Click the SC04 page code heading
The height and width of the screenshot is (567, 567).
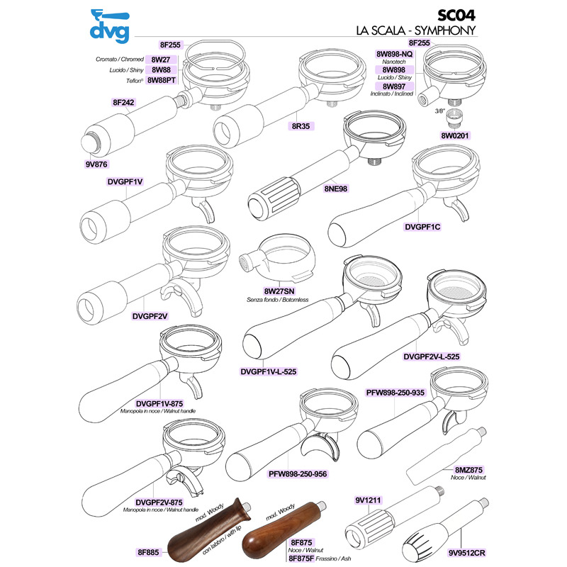coord(456,16)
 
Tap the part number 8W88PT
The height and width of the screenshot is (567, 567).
coord(161,80)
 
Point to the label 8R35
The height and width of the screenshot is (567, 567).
coord(302,125)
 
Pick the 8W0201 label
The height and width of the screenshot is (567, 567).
coord(456,135)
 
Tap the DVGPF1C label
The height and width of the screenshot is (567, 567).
coord(422,227)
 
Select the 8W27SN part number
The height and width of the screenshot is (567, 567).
coord(280,291)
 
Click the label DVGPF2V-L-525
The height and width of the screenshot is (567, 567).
coord(432,357)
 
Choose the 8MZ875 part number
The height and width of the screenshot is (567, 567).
coord(467,469)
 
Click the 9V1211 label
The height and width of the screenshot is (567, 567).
coord(369,500)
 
